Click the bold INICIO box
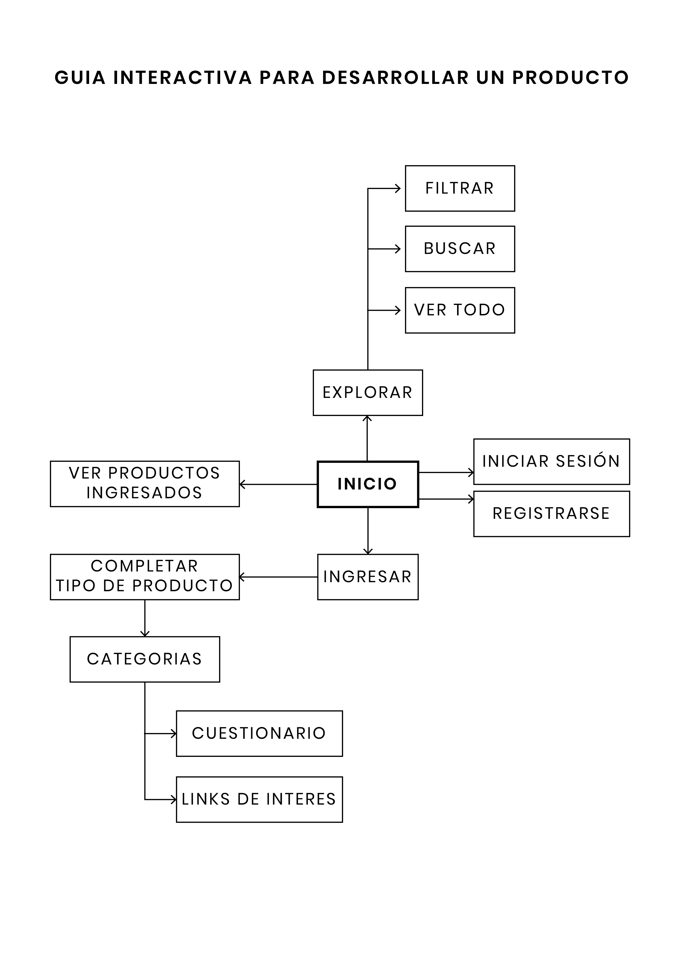tap(367, 484)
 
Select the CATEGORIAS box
tap(144, 659)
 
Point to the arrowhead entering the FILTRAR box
tap(398, 189)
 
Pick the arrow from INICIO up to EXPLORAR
tap(367, 438)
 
